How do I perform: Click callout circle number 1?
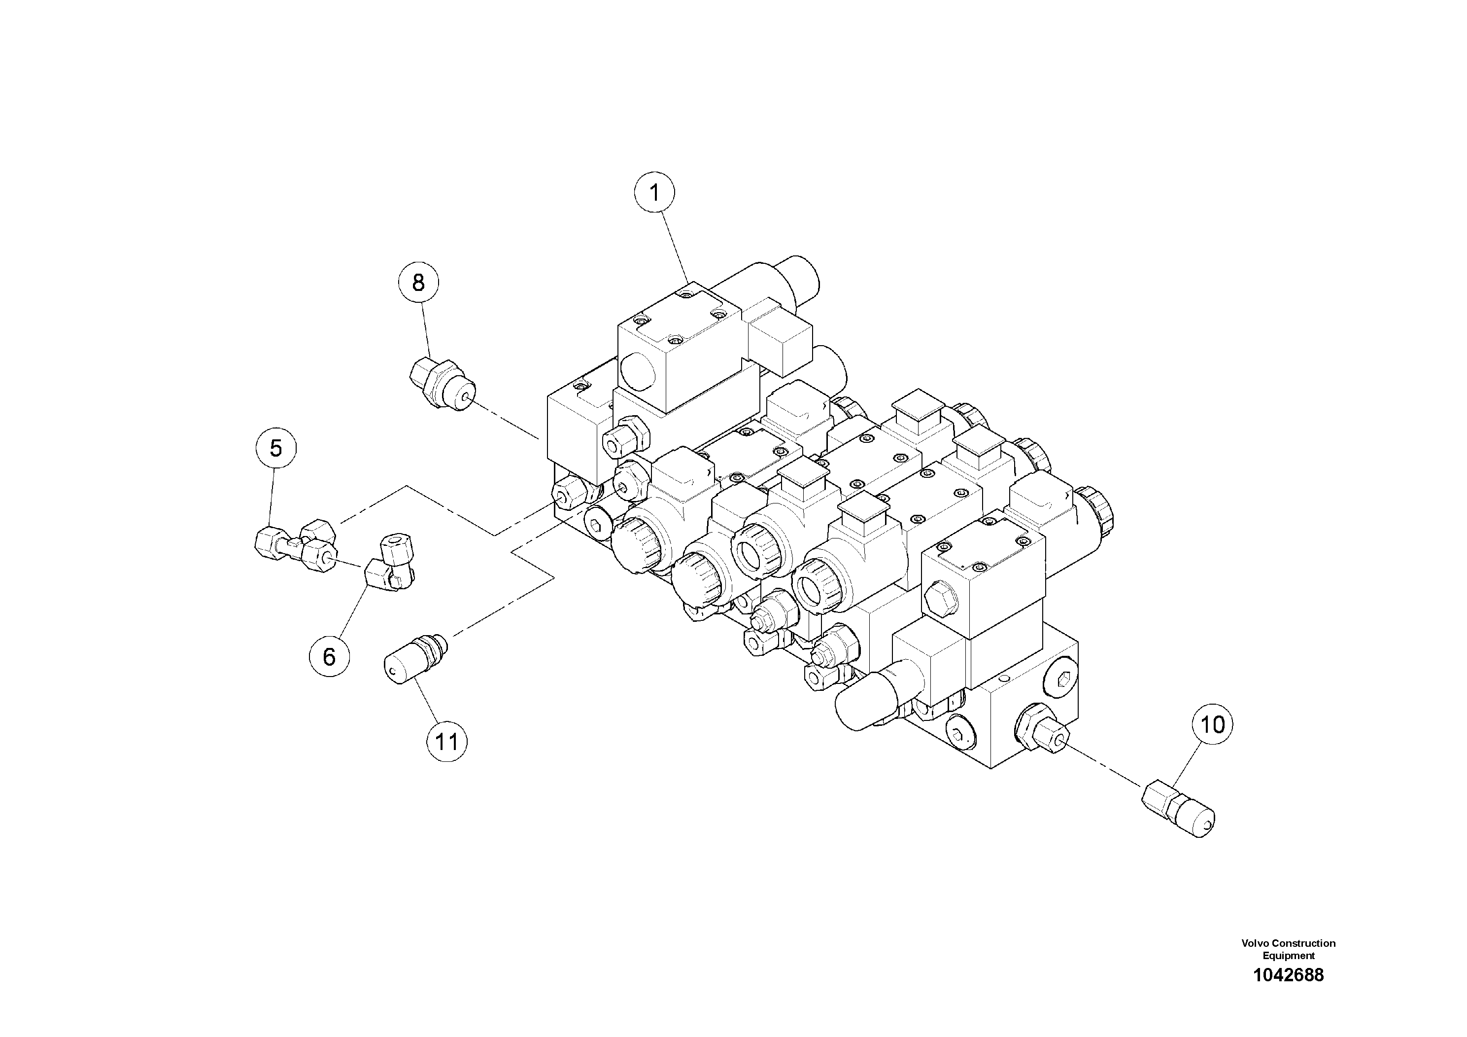click(654, 192)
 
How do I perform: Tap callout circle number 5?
click(275, 448)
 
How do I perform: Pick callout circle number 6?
click(329, 656)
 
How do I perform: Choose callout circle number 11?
click(446, 742)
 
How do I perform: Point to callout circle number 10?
click(1213, 724)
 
